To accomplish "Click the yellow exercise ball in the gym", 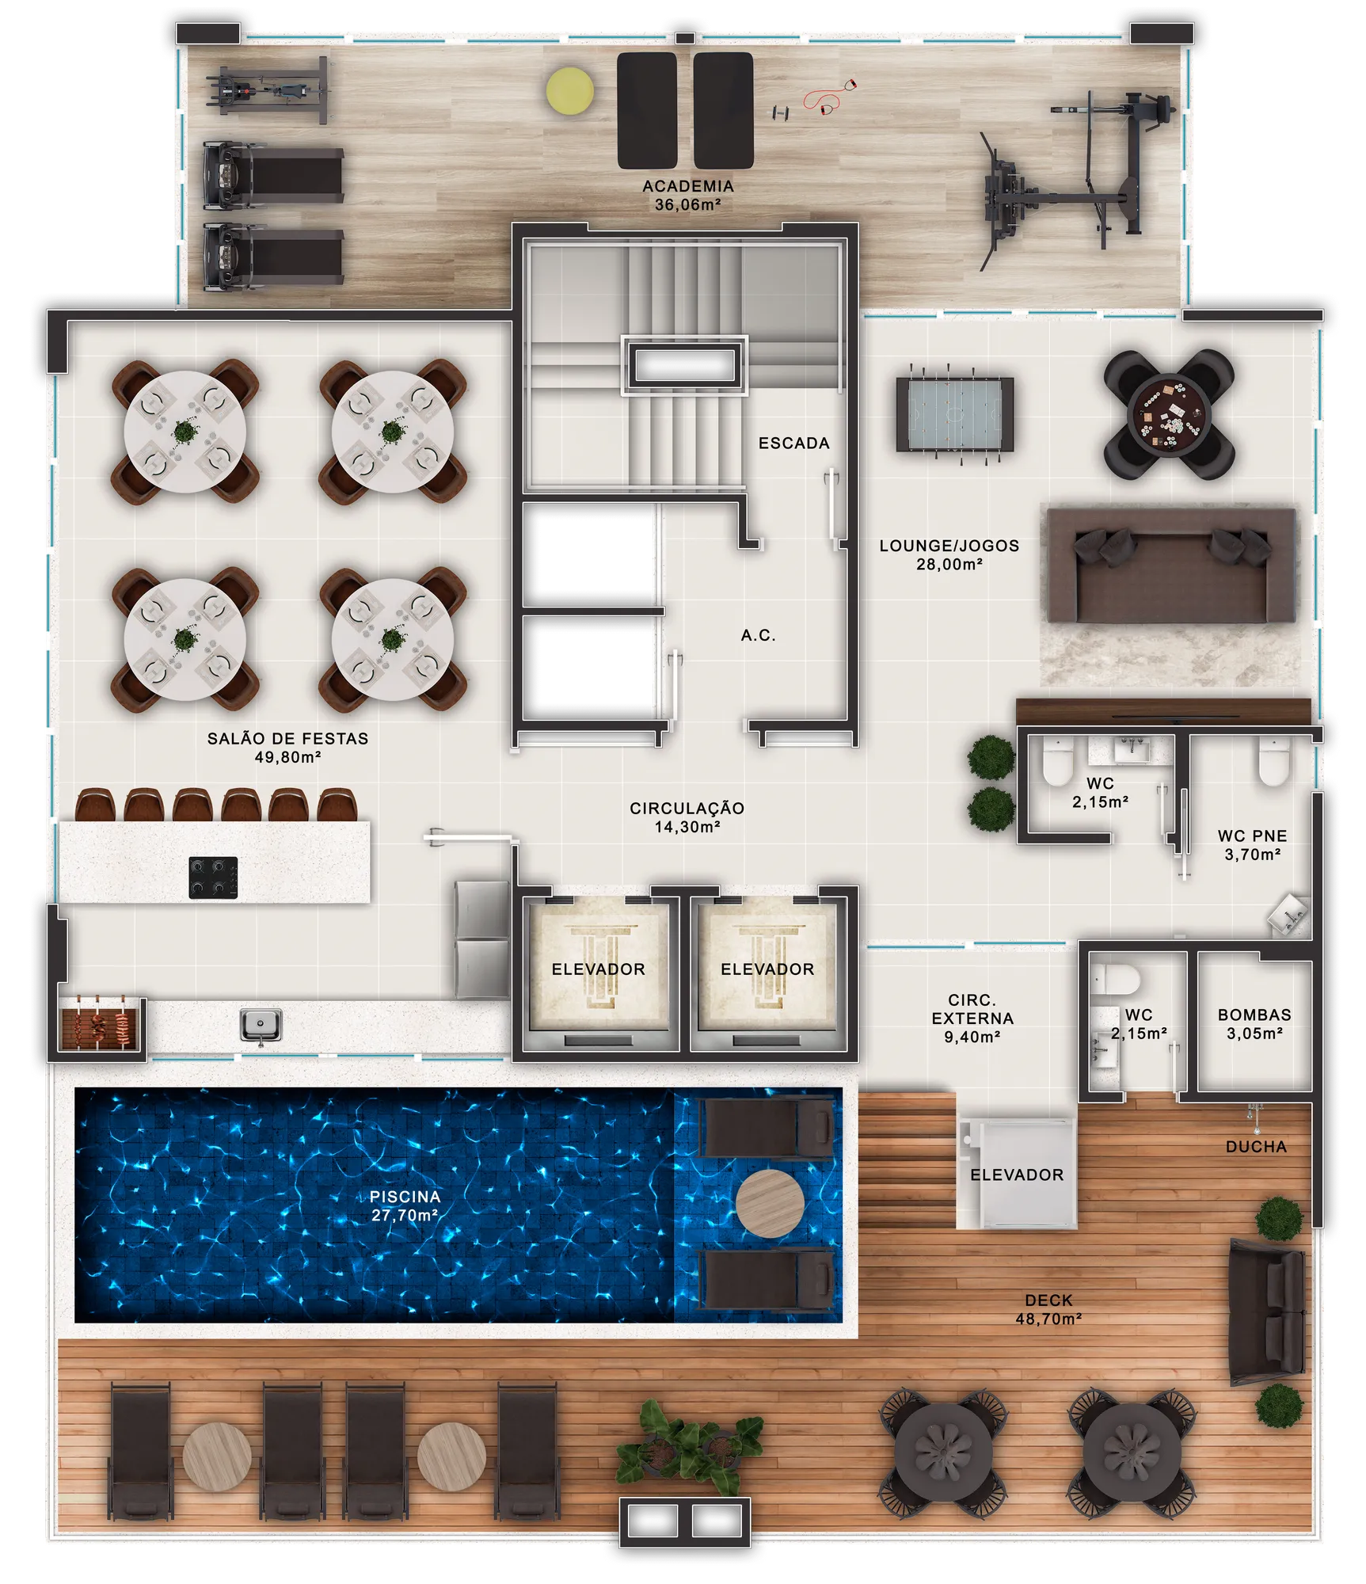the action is tap(569, 90).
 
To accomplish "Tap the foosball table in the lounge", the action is tap(954, 413).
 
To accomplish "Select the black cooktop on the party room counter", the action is tap(213, 878).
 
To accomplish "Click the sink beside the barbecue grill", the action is tap(261, 1026).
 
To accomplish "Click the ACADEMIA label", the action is tap(688, 186).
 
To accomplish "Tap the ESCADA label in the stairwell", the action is tap(794, 444).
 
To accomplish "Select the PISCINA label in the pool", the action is tap(405, 1197).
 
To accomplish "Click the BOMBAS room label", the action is tap(1254, 1015).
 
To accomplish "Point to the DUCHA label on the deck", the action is tap(1256, 1147).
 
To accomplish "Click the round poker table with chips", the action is tap(1169, 414).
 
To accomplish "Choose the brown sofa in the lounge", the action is tap(1171, 565).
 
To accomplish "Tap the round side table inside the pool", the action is tap(770, 1204).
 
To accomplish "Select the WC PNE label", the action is tap(1252, 836).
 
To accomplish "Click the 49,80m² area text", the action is tap(287, 757).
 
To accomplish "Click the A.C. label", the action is tap(758, 635).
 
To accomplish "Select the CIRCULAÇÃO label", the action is tap(687, 808).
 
